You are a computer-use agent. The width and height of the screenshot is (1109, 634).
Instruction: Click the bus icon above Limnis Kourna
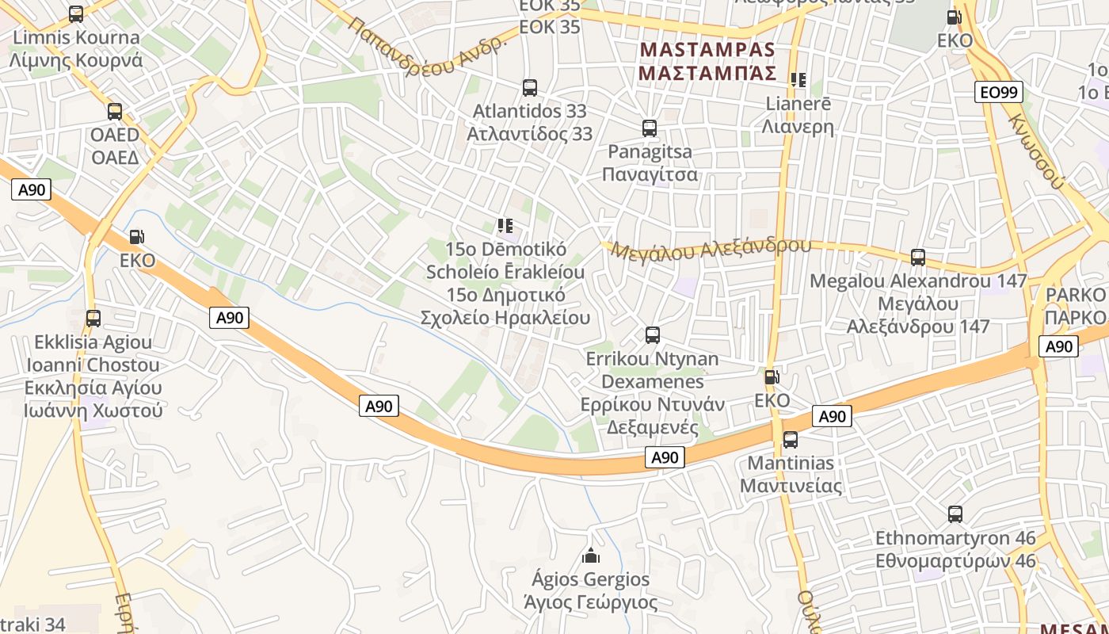76,13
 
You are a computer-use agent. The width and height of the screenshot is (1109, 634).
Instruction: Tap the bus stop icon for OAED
115,112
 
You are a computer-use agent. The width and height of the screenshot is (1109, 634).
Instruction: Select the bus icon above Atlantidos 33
530,88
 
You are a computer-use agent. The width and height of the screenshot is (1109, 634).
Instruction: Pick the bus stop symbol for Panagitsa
650,128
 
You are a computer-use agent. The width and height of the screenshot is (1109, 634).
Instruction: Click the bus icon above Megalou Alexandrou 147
918,258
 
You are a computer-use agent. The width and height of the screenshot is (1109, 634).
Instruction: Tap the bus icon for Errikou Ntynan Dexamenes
653,335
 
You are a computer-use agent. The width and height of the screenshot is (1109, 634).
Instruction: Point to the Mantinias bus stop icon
791,440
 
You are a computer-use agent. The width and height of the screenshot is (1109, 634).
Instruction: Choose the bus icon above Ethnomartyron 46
955,514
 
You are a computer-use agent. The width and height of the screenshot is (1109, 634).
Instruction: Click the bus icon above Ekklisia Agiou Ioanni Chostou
93,319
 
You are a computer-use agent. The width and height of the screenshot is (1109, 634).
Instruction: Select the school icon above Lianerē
798,80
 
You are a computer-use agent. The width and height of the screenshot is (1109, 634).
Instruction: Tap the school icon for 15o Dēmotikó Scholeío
505,226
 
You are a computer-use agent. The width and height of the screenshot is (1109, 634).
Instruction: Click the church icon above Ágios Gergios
591,556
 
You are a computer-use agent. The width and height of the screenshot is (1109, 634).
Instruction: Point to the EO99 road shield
999,93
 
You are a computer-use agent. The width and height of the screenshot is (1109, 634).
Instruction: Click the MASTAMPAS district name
707,49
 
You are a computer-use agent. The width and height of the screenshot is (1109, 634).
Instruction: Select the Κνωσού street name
1035,151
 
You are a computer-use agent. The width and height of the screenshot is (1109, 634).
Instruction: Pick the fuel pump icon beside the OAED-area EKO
137,236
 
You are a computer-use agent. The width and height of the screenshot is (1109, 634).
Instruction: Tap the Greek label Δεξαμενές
653,428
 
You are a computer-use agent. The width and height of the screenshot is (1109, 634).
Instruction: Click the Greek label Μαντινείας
791,486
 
